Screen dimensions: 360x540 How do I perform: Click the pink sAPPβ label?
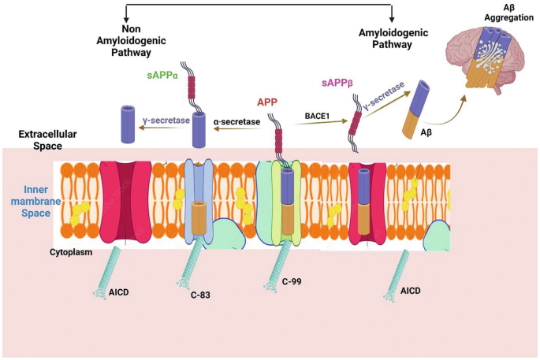337,83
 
